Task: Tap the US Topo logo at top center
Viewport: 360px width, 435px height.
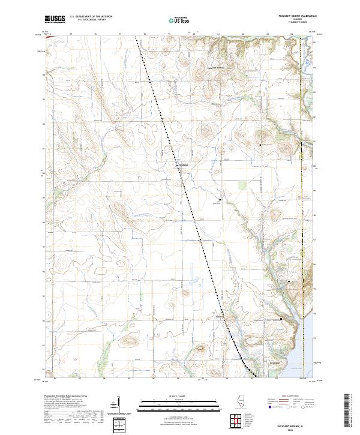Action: pyautogui.click(x=175, y=19)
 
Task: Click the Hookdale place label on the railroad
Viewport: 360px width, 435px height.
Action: pyautogui.click(x=183, y=165)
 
